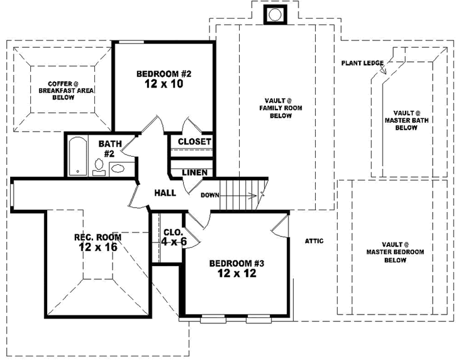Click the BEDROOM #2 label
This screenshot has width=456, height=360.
pos(164,74)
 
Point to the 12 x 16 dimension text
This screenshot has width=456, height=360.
pos(98,248)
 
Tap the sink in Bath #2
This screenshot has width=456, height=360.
pos(118,167)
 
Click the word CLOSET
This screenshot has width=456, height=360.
pos(194,142)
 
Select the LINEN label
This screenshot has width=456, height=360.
pos(195,172)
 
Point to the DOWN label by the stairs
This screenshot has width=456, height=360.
pos(209,195)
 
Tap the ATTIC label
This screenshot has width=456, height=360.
pos(314,241)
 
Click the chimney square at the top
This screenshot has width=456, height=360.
pos(274,14)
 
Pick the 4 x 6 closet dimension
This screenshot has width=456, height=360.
pos(174,242)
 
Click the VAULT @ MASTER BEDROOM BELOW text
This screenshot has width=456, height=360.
pos(395,252)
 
